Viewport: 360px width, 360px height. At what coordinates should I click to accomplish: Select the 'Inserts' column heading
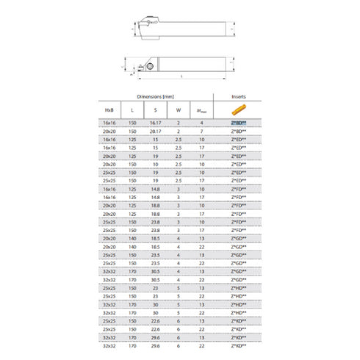[x=237, y=96]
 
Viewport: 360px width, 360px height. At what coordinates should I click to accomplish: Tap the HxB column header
[x=109, y=109]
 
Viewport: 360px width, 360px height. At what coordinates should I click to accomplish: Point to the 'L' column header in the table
[x=133, y=109]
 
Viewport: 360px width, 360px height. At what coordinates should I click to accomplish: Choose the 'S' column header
[x=154, y=109]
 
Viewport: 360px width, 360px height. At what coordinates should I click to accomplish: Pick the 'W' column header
[x=179, y=109]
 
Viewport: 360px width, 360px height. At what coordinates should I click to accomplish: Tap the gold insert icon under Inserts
[x=237, y=109]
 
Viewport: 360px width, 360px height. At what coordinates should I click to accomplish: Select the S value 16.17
[x=154, y=122]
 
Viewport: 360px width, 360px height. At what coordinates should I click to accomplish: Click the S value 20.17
[x=154, y=130]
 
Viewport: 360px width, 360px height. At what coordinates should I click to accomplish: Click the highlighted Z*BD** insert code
[x=237, y=122]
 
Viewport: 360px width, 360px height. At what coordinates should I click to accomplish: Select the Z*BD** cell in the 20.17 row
[x=237, y=130]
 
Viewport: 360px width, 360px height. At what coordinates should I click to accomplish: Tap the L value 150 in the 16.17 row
[x=133, y=122]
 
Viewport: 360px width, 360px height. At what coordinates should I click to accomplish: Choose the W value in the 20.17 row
[x=179, y=130]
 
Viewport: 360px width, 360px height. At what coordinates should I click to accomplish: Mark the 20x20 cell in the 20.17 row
[x=109, y=130]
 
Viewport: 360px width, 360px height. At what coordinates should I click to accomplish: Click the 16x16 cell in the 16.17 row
[x=109, y=122]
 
